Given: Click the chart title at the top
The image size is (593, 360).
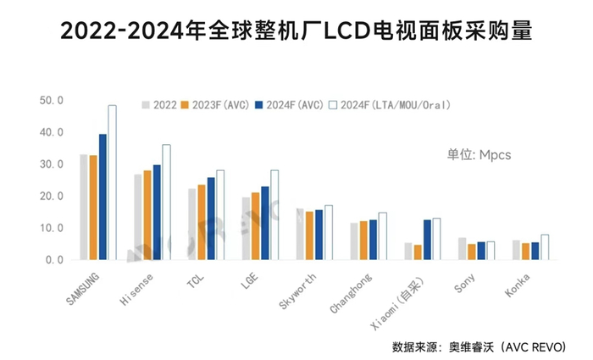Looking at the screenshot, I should click(x=296, y=31).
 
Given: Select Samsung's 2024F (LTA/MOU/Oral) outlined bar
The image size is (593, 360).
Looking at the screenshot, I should click(x=112, y=182).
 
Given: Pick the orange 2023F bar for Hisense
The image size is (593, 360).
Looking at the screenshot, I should click(x=147, y=215).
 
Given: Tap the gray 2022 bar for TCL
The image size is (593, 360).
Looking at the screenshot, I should click(x=192, y=224).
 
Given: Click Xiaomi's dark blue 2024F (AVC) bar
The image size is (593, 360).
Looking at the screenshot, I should click(x=428, y=240).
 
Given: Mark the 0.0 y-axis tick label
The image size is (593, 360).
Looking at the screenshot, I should click(x=53, y=260).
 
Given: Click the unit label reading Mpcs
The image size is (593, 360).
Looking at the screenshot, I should click(x=479, y=155).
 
